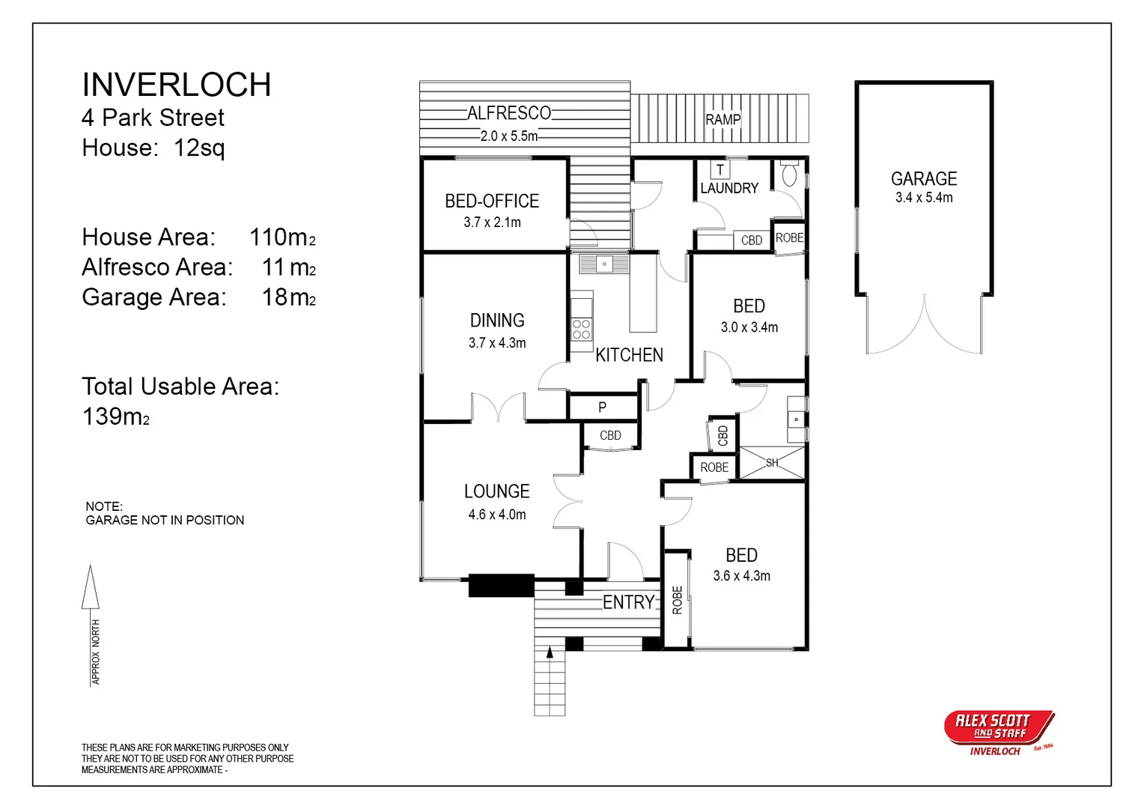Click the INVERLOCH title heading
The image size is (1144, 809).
pos(176,85)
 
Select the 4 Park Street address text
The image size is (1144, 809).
pos(153,118)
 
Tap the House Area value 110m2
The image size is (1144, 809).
pos(282,237)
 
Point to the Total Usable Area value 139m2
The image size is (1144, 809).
pos(115,416)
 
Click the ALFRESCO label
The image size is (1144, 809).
pos(509,113)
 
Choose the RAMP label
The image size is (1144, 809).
pos(722,119)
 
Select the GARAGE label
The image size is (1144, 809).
pos(924,179)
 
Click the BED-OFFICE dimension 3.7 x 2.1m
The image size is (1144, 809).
pos(492,222)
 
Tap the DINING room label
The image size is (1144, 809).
pos(497,321)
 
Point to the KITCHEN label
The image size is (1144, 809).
pos(629,355)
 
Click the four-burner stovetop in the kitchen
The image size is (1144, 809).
pos(582,330)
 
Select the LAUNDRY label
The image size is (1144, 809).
pos(729,189)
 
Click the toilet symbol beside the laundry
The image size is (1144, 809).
pos(789,175)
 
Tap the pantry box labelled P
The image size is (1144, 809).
pos(603,407)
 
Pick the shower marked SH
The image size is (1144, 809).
pos(772,463)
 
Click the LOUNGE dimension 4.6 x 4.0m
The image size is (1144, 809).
pos(497,515)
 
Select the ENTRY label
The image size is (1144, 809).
pos(628,602)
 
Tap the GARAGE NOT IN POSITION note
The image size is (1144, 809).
pos(165,520)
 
